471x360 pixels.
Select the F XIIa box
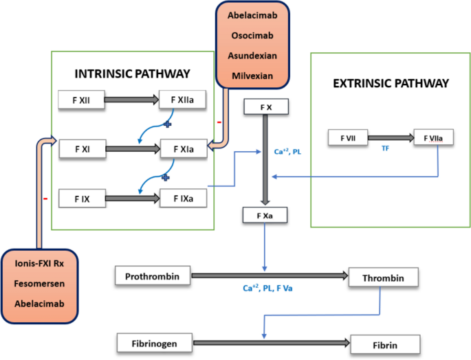tap(183, 100)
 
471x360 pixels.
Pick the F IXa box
tap(183, 199)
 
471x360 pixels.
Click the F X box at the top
tap(265, 107)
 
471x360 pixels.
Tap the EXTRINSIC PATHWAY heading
tap(391, 83)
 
